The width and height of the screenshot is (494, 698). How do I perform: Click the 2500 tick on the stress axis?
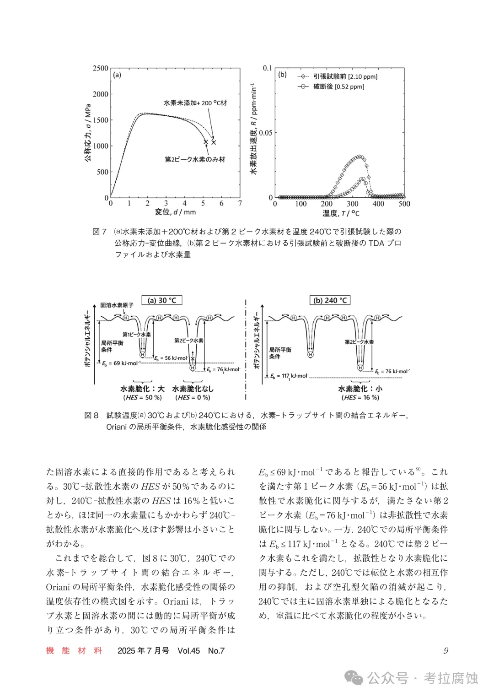tap(100, 68)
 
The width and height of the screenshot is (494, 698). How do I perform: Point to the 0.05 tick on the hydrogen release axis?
tap(265, 133)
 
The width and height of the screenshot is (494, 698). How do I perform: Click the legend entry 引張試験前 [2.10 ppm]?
tap(345, 76)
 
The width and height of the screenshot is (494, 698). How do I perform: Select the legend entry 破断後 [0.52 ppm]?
tap(338, 87)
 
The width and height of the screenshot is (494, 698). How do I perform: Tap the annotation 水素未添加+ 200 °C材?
tap(195, 103)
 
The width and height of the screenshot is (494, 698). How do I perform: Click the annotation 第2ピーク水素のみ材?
tap(195, 159)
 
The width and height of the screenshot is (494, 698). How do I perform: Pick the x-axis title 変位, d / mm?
tap(175, 212)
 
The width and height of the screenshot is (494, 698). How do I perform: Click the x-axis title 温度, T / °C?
tap(341, 213)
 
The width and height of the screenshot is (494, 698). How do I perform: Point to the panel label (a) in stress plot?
tap(117, 75)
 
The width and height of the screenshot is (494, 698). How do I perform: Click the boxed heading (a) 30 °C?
tap(162, 300)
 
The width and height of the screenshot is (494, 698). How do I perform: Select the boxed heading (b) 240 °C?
tap(330, 300)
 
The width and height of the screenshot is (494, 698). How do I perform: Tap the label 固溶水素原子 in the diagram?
tap(117, 305)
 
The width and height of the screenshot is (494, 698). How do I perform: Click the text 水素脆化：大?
tap(142, 389)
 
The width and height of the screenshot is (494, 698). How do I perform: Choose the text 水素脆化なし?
tap(193, 389)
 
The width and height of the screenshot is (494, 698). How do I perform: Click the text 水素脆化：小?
tap(360, 389)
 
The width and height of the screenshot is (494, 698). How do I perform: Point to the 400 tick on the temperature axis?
tap(378, 204)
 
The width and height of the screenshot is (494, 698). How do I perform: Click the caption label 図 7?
tap(99, 232)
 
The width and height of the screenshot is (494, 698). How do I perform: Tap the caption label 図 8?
tap(91, 415)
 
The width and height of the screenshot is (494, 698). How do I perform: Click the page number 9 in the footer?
tap(446, 650)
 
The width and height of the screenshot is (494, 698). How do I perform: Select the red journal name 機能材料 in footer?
tap(74, 650)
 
